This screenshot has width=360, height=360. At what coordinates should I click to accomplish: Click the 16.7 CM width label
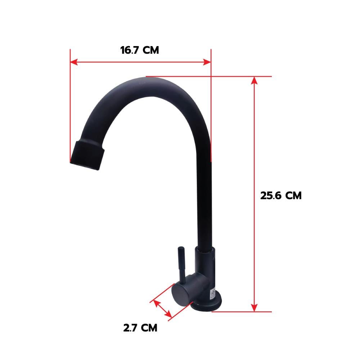140,50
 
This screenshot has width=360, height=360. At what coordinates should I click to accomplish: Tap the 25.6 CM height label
281,195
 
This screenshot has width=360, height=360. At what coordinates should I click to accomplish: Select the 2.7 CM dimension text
140,328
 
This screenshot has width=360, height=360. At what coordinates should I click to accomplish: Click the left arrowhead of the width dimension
74,62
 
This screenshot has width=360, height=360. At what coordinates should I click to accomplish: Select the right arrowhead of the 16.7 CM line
207,62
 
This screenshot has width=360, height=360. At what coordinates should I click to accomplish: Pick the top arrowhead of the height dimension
254,81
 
